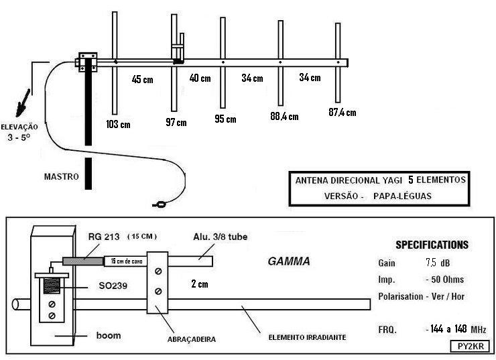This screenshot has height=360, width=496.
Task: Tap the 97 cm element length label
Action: pyautogui.click(x=176, y=121)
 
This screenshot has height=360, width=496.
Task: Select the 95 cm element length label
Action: pyautogui.click(x=225, y=119)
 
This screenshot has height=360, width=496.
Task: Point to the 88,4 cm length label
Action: pyautogui.click(x=284, y=116)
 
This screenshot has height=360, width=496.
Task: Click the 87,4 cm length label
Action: pyautogui.click(x=342, y=111)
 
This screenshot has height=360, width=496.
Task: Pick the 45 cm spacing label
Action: pyautogui.click(x=143, y=79)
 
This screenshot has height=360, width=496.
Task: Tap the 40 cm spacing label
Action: pyautogui.click(x=200, y=78)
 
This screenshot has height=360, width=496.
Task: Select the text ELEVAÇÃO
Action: pyautogui.click(x=19, y=126)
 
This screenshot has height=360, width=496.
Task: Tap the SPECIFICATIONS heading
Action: pyautogui.click(x=432, y=245)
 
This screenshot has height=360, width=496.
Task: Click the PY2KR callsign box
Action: pyautogui.click(x=473, y=346)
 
